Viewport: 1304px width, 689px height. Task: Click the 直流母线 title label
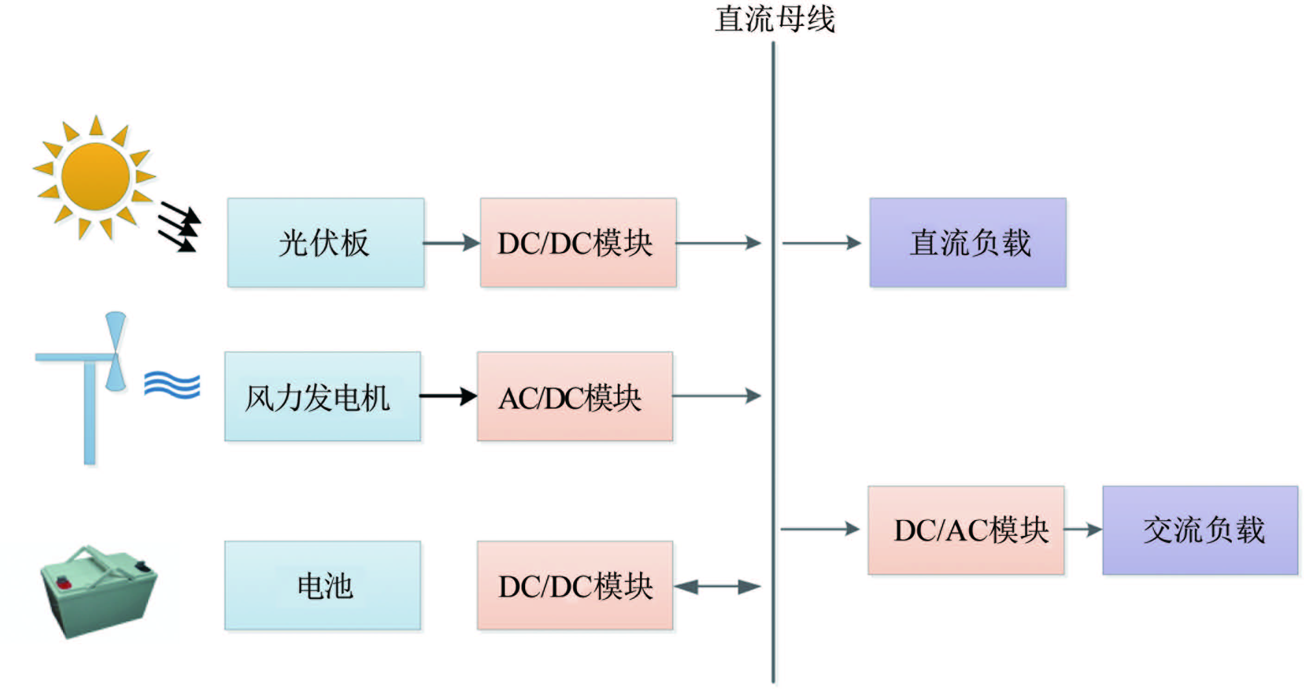775,19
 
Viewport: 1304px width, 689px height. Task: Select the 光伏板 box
326,243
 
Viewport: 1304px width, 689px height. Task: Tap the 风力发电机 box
322,397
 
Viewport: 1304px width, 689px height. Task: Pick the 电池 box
322,586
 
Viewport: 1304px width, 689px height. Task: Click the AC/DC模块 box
575,397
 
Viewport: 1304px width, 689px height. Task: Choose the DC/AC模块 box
966,530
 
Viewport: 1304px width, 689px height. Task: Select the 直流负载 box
968,243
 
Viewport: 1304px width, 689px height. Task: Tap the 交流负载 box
1200,530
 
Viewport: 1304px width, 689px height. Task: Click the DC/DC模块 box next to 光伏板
578,243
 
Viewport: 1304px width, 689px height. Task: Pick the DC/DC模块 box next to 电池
575,586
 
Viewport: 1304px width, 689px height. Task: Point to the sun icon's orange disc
95,176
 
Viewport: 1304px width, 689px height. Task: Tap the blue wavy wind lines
172,385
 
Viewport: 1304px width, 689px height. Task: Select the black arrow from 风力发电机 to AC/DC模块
448,396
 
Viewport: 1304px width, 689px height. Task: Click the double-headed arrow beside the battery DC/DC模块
717,587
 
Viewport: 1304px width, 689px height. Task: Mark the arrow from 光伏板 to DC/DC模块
451,243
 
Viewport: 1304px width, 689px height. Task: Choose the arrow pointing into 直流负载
821,243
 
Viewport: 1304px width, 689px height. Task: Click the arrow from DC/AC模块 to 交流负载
1083,530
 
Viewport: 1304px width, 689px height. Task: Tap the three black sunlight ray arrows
178,226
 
